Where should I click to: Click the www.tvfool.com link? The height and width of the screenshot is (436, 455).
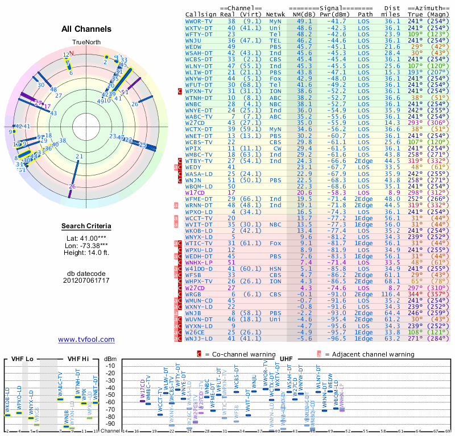(86, 339)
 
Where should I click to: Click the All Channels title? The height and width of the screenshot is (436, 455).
(86, 29)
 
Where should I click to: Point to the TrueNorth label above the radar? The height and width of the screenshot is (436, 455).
(86, 43)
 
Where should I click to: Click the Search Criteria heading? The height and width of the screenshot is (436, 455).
(86, 227)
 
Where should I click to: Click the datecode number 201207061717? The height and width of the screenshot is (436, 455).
(86, 280)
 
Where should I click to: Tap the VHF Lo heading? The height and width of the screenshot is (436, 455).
(21, 359)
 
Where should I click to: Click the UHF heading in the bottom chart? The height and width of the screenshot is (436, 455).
(287, 359)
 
